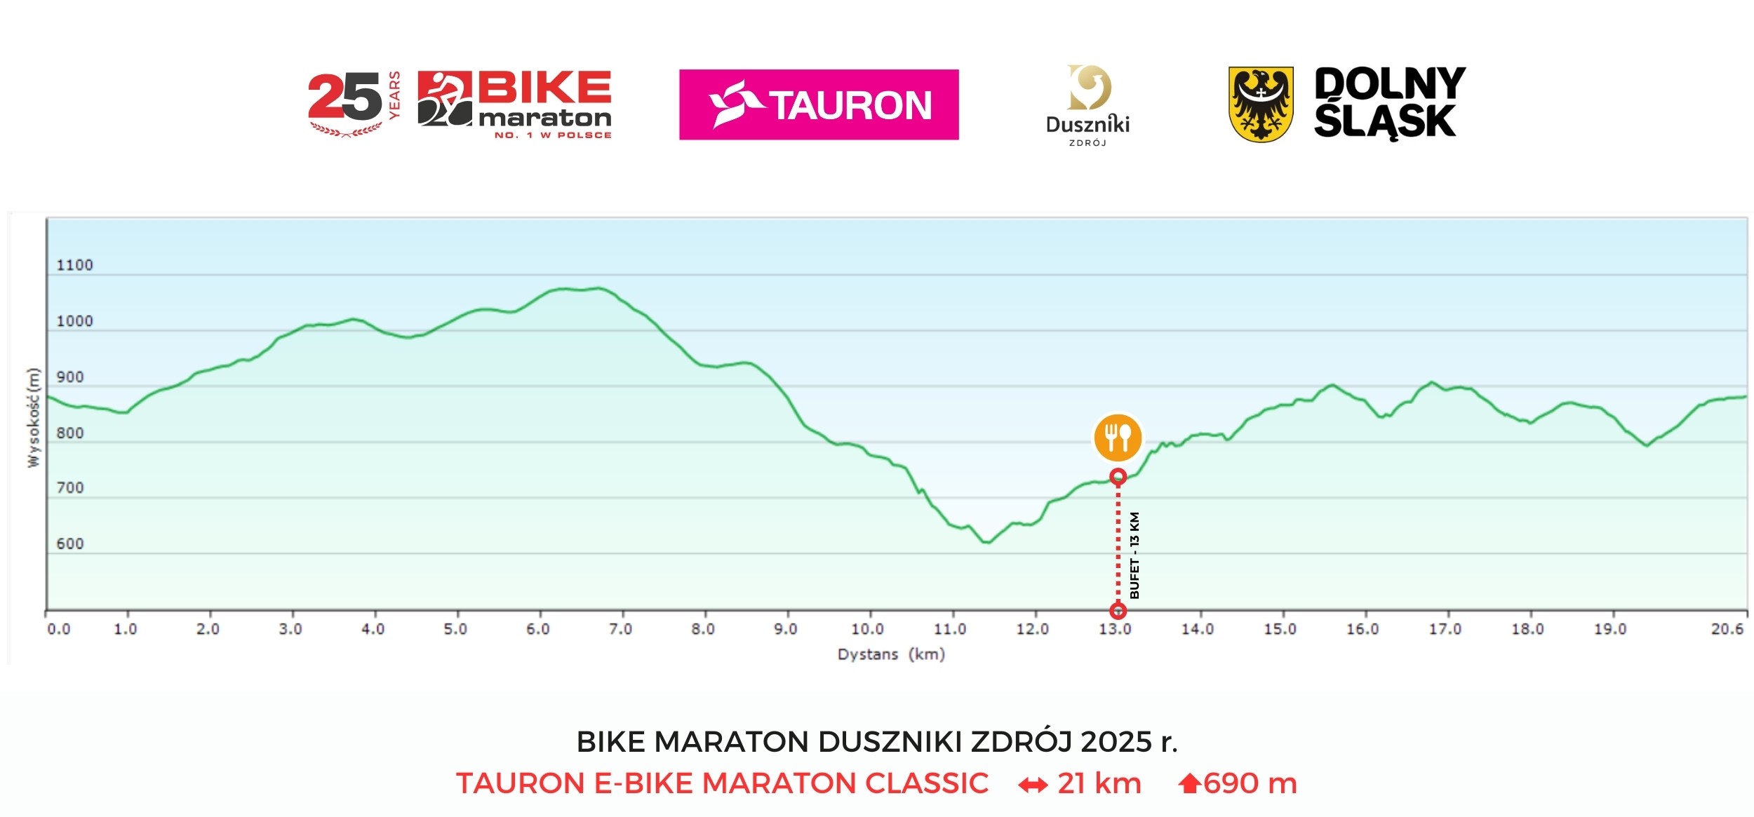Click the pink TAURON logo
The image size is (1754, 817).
coord(818,104)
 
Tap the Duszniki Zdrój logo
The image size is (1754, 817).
coord(1087,105)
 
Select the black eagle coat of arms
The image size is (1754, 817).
coord(1261,104)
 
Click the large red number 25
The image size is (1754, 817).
coord(344,98)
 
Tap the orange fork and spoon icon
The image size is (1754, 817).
coord(1118,438)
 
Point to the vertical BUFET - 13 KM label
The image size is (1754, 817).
coord(1134,555)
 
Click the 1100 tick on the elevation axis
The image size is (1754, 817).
coord(74,265)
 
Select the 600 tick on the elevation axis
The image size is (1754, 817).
coord(69,543)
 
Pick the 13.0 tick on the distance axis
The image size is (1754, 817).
coord(1115,628)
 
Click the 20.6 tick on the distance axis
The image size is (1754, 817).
coord(1727,628)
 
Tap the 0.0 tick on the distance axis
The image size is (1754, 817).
coord(58,628)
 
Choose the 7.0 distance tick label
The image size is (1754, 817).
coord(620,628)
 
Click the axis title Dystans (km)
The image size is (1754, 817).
coord(891,654)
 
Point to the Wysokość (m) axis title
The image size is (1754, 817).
coord(33,417)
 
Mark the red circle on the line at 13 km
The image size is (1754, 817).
coord(1118,477)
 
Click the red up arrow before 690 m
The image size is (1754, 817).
coord(1189,783)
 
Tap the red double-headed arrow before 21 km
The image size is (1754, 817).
coord(1033,785)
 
